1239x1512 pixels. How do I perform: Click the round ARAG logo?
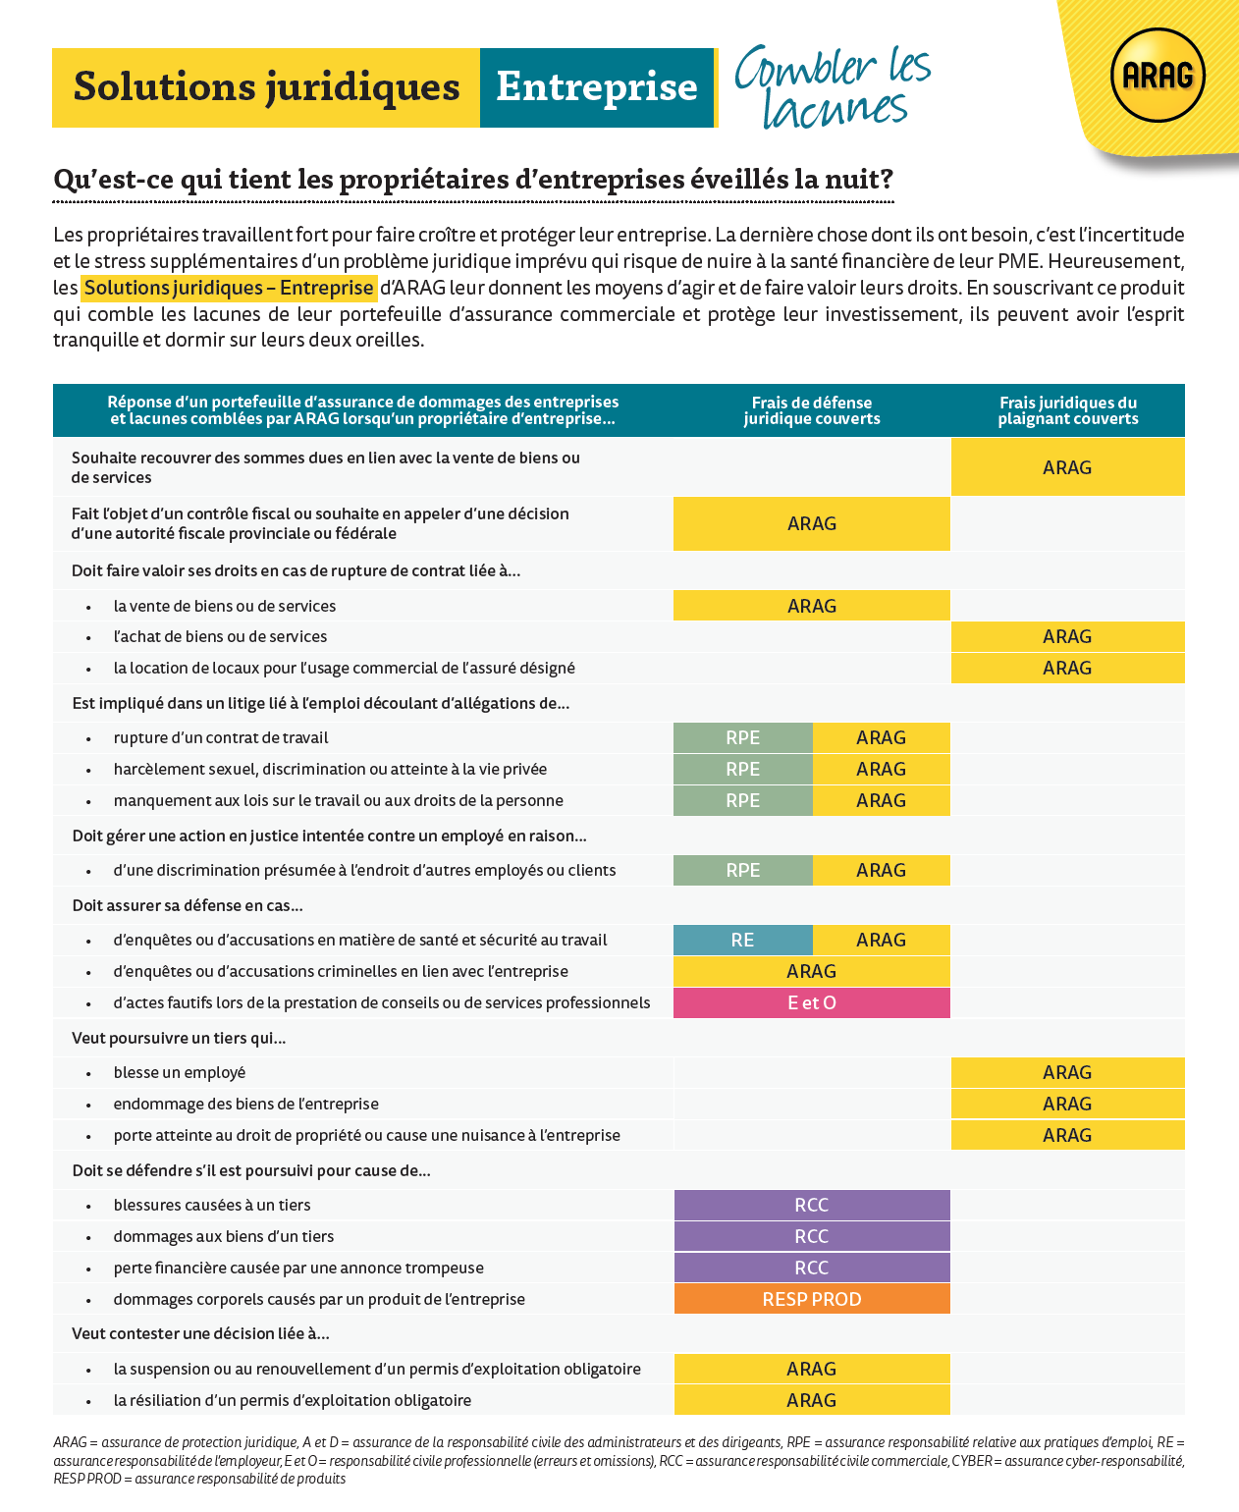tap(1158, 76)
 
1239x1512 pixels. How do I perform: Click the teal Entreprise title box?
tap(596, 87)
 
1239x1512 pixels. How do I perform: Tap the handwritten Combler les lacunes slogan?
tap(833, 86)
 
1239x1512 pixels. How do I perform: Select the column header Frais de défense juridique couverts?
tap(812, 410)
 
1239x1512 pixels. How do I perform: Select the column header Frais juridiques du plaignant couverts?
tap(1068, 410)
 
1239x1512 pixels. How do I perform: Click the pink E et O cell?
tap(812, 1002)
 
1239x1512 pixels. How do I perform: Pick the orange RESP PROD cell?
tap(812, 1299)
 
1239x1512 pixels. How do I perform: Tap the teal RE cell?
tap(742, 940)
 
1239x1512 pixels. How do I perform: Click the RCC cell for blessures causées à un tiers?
tap(812, 1205)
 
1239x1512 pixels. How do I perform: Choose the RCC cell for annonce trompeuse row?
tap(812, 1268)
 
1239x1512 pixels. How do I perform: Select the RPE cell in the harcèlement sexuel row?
tap(742, 769)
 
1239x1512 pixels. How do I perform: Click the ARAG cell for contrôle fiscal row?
tap(812, 523)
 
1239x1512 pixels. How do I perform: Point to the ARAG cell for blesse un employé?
tap(1067, 1072)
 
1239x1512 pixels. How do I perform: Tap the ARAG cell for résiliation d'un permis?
tap(812, 1400)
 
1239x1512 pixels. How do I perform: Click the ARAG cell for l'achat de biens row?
tap(1067, 636)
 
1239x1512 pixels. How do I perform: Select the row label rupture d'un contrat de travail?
tap(221, 737)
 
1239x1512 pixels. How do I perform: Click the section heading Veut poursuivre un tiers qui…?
tap(179, 1038)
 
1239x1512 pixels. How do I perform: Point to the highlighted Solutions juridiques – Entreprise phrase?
tap(229, 288)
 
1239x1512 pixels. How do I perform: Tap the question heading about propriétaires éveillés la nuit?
tap(473, 180)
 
